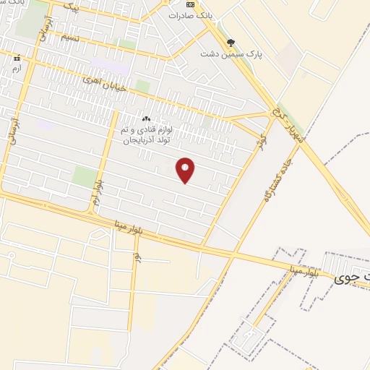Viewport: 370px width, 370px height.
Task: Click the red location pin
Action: click(x=186, y=170)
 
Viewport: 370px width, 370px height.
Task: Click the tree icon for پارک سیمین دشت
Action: click(x=231, y=42)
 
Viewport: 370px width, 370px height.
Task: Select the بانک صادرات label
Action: click(x=189, y=15)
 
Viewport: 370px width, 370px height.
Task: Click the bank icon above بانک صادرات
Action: click(x=189, y=4)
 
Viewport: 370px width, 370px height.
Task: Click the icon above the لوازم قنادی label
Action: click(x=147, y=118)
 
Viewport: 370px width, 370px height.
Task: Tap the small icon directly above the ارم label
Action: click(x=17, y=57)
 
